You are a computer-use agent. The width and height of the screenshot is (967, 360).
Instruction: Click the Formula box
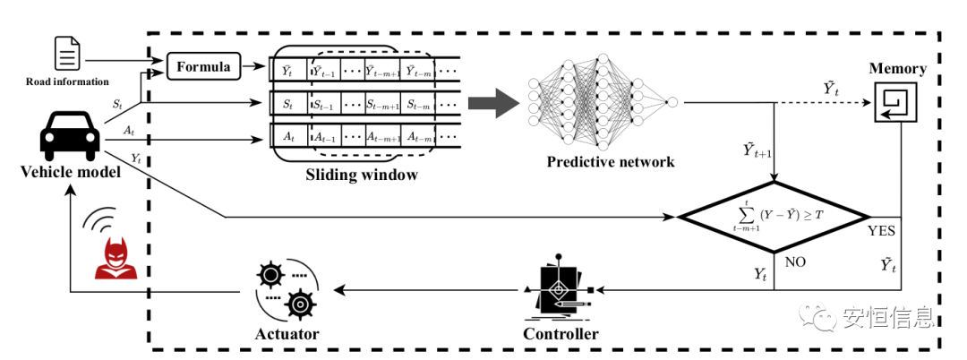(x=203, y=66)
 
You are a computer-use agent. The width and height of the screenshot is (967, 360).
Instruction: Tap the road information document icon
(x=67, y=54)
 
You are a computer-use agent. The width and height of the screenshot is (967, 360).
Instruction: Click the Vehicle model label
(x=70, y=172)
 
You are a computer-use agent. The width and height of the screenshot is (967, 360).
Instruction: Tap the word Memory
(x=898, y=69)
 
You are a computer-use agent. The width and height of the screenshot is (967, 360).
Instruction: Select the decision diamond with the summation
(x=774, y=216)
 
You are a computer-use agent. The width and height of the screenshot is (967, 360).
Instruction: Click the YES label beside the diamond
(x=886, y=230)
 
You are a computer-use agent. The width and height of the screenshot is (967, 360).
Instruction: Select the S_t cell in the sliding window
(x=287, y=105)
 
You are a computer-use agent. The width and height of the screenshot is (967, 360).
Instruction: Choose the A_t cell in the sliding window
(x=287, y=137)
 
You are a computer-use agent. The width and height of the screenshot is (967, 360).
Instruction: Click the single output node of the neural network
(x=672, y=101)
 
